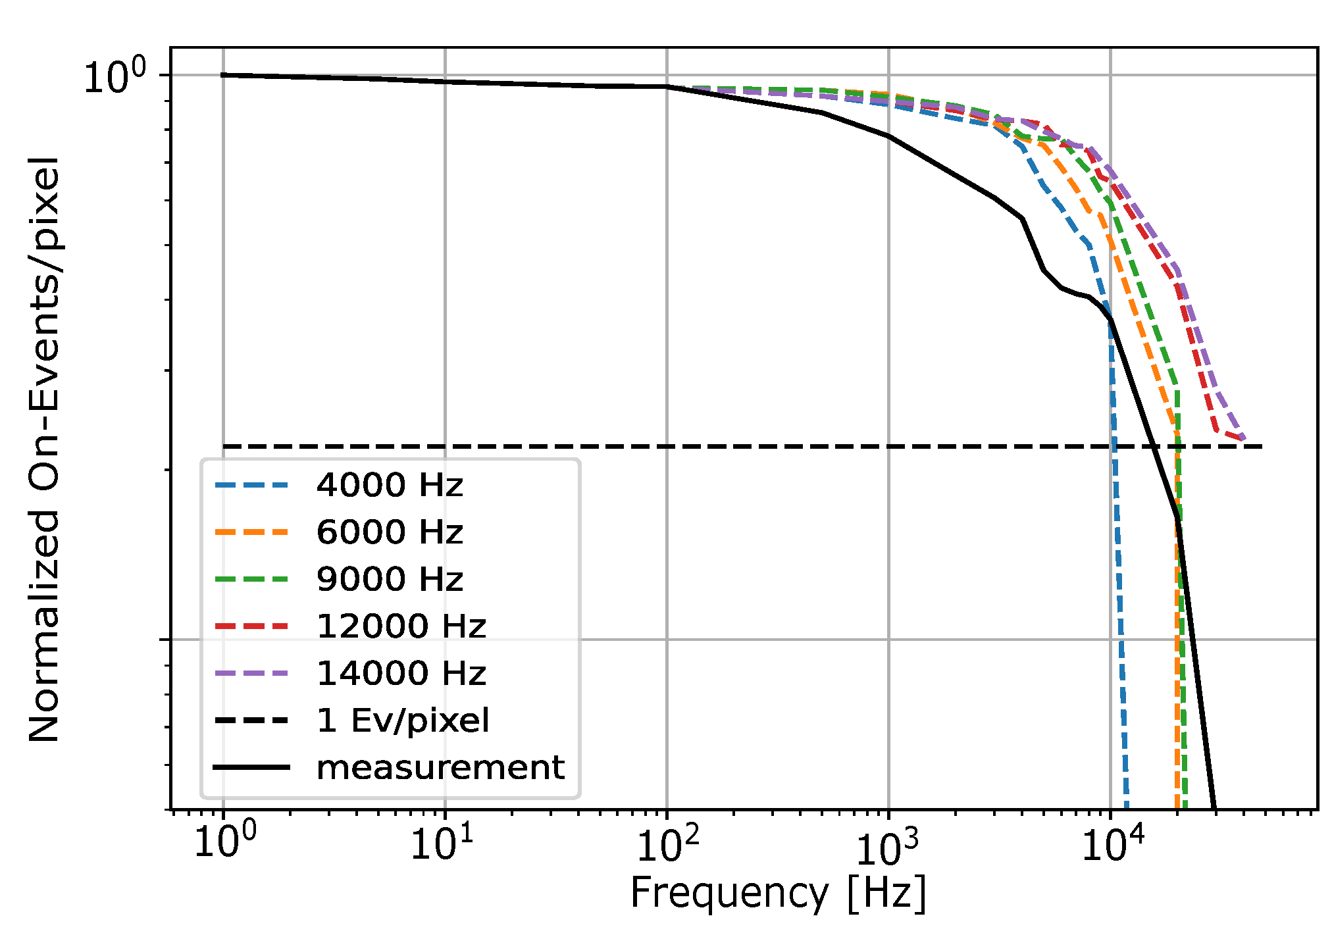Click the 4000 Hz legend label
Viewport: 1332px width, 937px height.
point(390,486)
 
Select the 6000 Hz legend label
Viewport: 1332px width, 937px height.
point(390,532)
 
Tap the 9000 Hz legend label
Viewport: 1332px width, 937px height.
point(390,580)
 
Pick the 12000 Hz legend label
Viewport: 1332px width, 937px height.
point(401,626)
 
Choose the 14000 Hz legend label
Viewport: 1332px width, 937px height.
point(401,674)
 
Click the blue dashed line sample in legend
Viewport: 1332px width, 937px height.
point(252,486)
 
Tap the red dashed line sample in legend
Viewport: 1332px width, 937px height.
point(252,626)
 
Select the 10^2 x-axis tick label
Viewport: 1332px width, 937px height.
point(668,844)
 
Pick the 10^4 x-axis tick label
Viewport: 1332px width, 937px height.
point(1112,844)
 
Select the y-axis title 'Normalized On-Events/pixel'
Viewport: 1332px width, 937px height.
point(45,450)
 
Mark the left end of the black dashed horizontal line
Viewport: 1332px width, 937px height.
point(223,447)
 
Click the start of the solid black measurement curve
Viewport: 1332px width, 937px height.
point(222,75)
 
